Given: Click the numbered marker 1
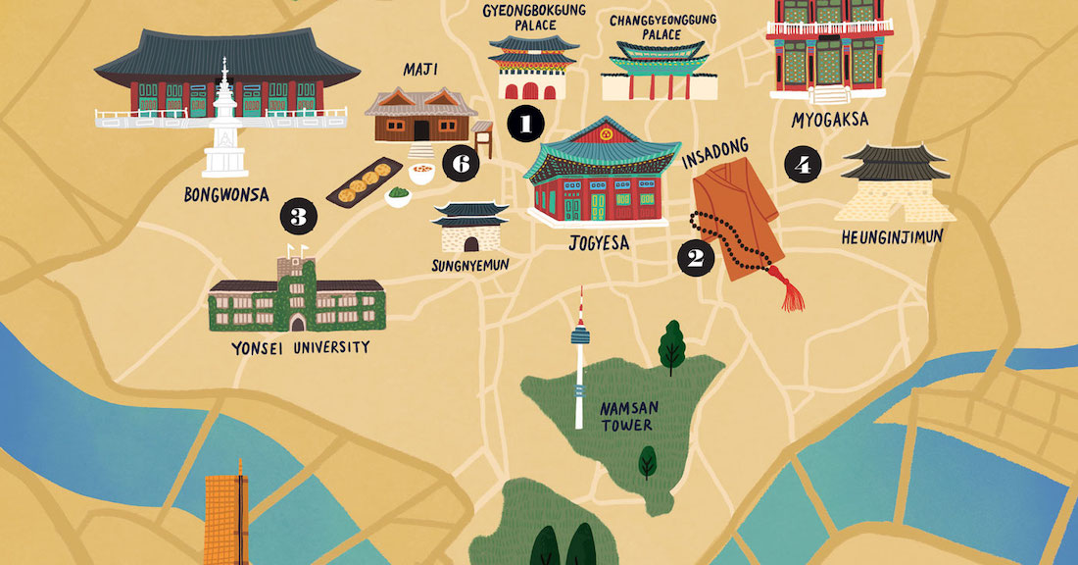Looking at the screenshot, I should click(525, 124).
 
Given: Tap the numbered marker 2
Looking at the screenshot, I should click(695, 258).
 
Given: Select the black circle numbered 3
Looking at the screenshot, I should click(299, 215).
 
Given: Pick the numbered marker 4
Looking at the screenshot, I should click(803, 165).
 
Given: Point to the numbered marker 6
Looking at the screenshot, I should click(460, 164).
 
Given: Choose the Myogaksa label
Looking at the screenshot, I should click(828, 120).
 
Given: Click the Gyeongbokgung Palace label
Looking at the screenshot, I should click(534, 17).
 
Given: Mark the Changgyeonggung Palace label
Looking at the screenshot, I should click(663, 26).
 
